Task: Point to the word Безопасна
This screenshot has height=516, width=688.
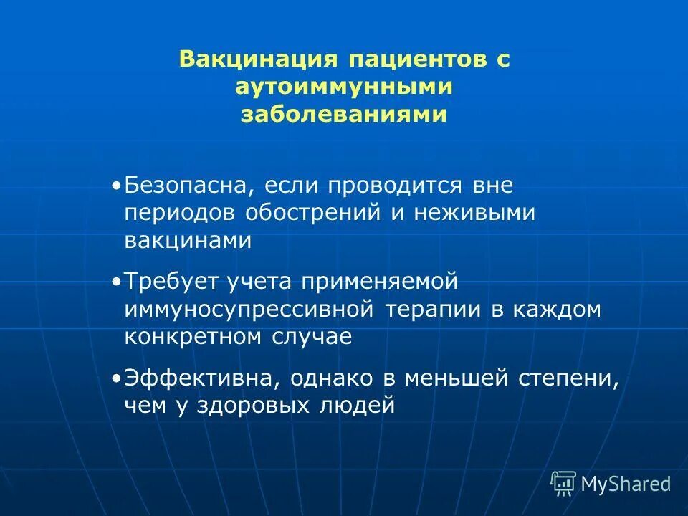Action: point(186,186)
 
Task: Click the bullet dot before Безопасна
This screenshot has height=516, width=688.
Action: point(117,186)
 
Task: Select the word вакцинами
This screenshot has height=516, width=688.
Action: point(188,240)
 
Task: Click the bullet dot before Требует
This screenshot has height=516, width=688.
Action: point(117,282)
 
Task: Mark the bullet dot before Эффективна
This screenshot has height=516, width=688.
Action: point(117,378)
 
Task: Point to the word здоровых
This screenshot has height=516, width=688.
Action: point(264,406)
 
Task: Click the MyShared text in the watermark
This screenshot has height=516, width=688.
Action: point(626,484)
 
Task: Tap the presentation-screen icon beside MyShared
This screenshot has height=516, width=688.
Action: point(563,484)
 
